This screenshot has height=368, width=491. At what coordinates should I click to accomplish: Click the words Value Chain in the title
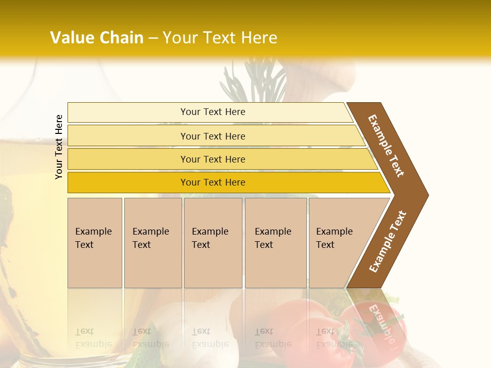tap(97, 38)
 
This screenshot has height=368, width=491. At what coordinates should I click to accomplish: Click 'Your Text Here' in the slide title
tap(220, 38)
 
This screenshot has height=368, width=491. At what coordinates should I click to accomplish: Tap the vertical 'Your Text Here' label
tap(59, 147)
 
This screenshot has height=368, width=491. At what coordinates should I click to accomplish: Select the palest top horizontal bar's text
tap(213, 112)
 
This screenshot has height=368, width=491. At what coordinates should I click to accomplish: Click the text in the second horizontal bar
tap(213, 136)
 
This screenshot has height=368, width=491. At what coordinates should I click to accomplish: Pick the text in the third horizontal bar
tap(213, 159)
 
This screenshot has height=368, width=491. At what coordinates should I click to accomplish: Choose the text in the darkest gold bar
tap(213, 182)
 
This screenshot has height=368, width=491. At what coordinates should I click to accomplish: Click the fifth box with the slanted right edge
tap(335, 238)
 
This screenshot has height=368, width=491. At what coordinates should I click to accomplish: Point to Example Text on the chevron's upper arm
tap(386, 146)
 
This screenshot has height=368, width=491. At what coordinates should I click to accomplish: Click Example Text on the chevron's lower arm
tap(388, 242)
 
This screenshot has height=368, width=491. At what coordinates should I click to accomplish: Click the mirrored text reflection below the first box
tap(94, 337)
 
